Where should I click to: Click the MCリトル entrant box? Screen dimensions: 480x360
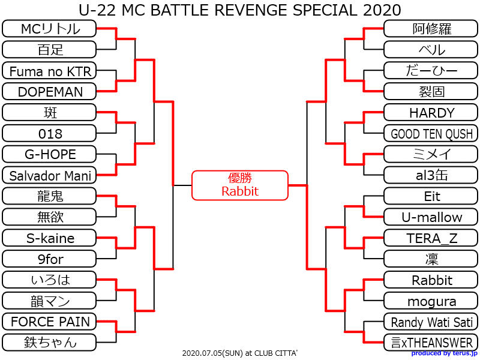pyautogui.click(x=49, y=29)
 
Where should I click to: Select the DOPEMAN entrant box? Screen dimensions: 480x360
pyautogui.click(x=49, y=92)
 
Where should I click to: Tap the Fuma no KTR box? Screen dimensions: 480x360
pyautogui.click(x=49, y=71)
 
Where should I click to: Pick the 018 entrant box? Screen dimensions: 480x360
pyautogui.click(x=49, y=133)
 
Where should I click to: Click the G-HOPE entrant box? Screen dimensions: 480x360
pyautogui.click(x=49, y=154)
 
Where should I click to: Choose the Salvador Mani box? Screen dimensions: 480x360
pyautogui.click(x=49, y=175)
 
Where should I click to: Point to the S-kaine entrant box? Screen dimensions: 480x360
pyautogui.click(x=49, y=238)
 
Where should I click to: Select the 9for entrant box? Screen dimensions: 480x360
pyautogui.click(x=49, y=259)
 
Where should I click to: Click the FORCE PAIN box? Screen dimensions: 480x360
pyautogui.click(x=49, y=322)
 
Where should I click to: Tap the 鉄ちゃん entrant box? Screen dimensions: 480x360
pyautogui.click(x=49, y=343)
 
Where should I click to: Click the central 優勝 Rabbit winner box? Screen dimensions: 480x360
pyautogui.click(x=240, y=185)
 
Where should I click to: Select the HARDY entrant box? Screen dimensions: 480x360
pyautogui.click(x=431, y=113)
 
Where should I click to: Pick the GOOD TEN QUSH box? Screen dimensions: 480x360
pyautogui.click(x=431, y=133)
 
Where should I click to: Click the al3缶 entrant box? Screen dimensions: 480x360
pyautogui.click(x=431, y=175)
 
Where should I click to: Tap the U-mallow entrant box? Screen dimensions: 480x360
pyautogui.click(x=431, y=217)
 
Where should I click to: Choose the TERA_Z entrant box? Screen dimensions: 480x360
pyautogui.click(x=431, y=238)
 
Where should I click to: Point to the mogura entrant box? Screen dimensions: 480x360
pyautogui.click(x=431, y=301)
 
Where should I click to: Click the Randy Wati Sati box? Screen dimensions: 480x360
pyautogui.click(x=431, y=322)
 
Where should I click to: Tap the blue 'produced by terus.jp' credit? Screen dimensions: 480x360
pyautogui.click(x=444, y=353)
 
